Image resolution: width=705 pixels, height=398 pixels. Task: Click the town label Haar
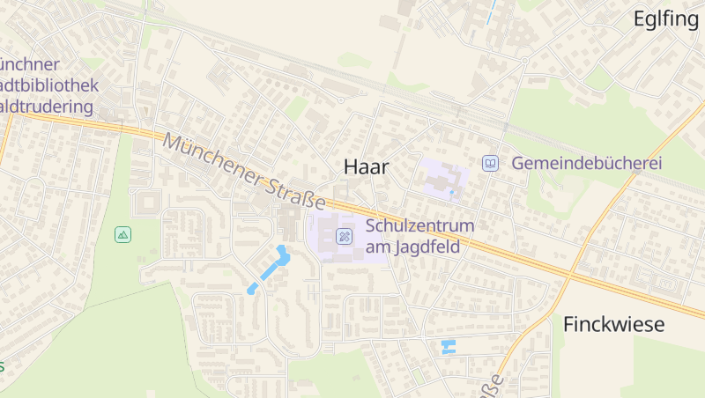pyautogui.click(x=366, y=166)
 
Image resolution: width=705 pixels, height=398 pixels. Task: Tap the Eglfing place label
pyautogui.click(x=665, y=19)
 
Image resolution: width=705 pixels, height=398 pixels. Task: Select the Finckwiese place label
pyautogui.click(x=613, y=324)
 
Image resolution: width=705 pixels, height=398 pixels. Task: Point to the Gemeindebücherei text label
pyautogui.click(x=586, y=163)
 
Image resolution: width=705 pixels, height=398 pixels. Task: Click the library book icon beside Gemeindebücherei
pyautogui.click(x=490, y=163)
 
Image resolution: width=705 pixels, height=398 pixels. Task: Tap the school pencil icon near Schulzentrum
pyautogui.click(x=345, y=236)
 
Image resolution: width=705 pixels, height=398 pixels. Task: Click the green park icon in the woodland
pyautogui.click(x=122, y=234)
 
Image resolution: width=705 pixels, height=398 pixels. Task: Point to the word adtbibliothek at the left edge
pyautogui.click(x=49, y=85)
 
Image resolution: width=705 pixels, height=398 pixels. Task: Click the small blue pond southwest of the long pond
pyautogui.click(x=252, y=288)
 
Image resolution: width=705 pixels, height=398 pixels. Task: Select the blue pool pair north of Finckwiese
pyautogui.click(x=449, y=346)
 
